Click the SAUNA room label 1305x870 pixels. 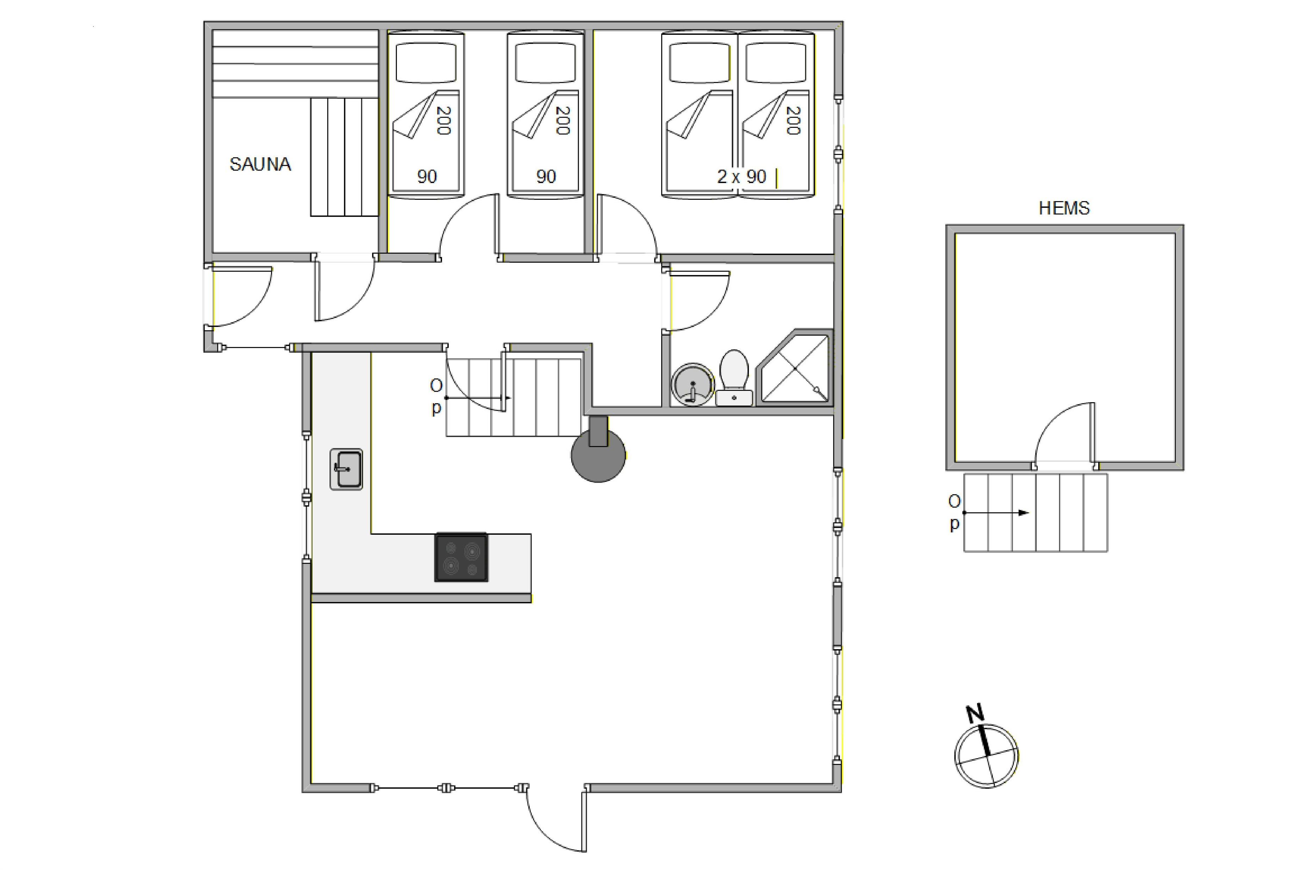[260, 164]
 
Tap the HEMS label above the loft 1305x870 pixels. [1064, 208]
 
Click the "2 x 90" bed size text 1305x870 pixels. [741, 176]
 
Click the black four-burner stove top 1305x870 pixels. [461, 558]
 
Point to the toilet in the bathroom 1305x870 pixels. [734, 377]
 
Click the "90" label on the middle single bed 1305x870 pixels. [546, 176]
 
